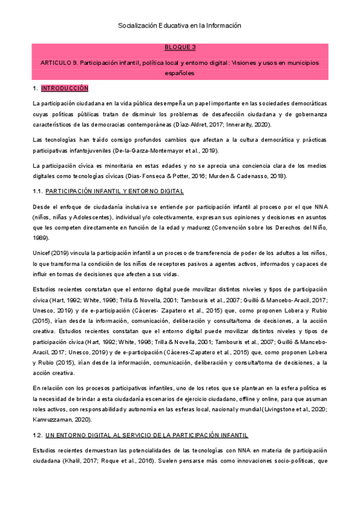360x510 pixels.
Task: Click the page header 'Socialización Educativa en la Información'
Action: pos(180,26)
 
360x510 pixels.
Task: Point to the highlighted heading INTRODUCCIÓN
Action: pos(65,88)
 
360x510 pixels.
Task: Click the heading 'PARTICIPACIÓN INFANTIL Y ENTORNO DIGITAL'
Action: pos(114,192)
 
